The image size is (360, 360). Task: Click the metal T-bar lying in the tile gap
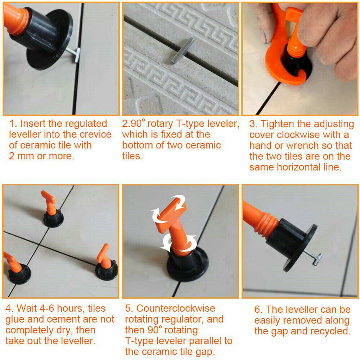click(x=183, y=50)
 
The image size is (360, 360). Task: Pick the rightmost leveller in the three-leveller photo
click(x=105, y=263)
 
